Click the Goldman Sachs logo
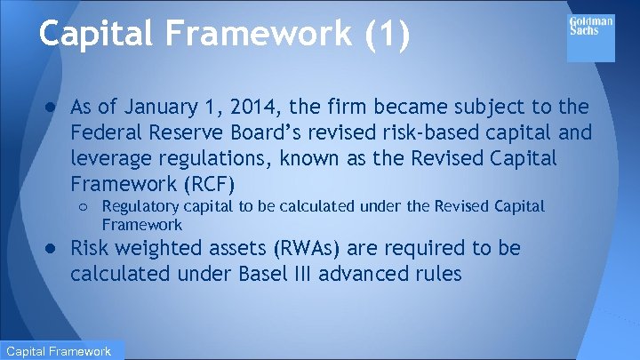coord(590,38)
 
